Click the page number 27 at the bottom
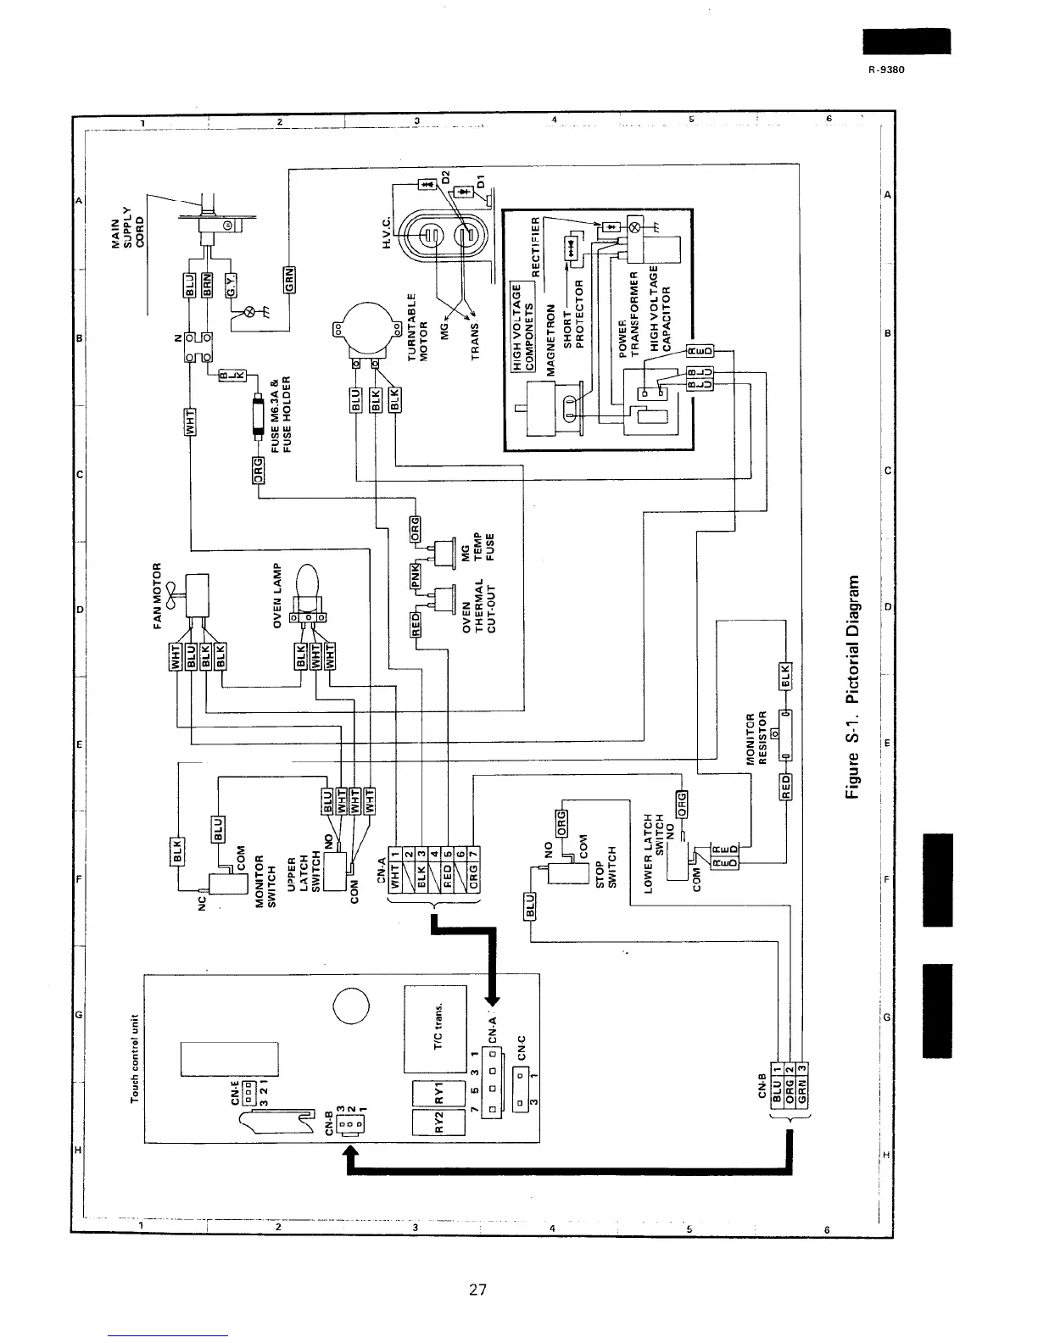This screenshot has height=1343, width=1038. [477, 1290]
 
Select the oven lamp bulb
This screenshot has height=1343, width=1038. [307, 586]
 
